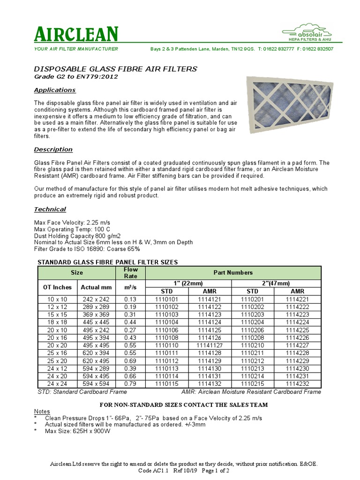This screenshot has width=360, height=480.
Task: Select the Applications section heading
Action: [55, 90]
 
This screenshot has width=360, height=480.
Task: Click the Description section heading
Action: [53, 150]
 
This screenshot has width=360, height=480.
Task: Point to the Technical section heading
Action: [50, 209]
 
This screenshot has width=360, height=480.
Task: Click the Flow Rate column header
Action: [130, 272]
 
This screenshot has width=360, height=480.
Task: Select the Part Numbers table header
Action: [233, 272]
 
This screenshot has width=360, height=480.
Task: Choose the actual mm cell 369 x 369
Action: [96, 314]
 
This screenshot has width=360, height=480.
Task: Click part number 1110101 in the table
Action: [167, 299]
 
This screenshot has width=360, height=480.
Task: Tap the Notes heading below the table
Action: [42, 411]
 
